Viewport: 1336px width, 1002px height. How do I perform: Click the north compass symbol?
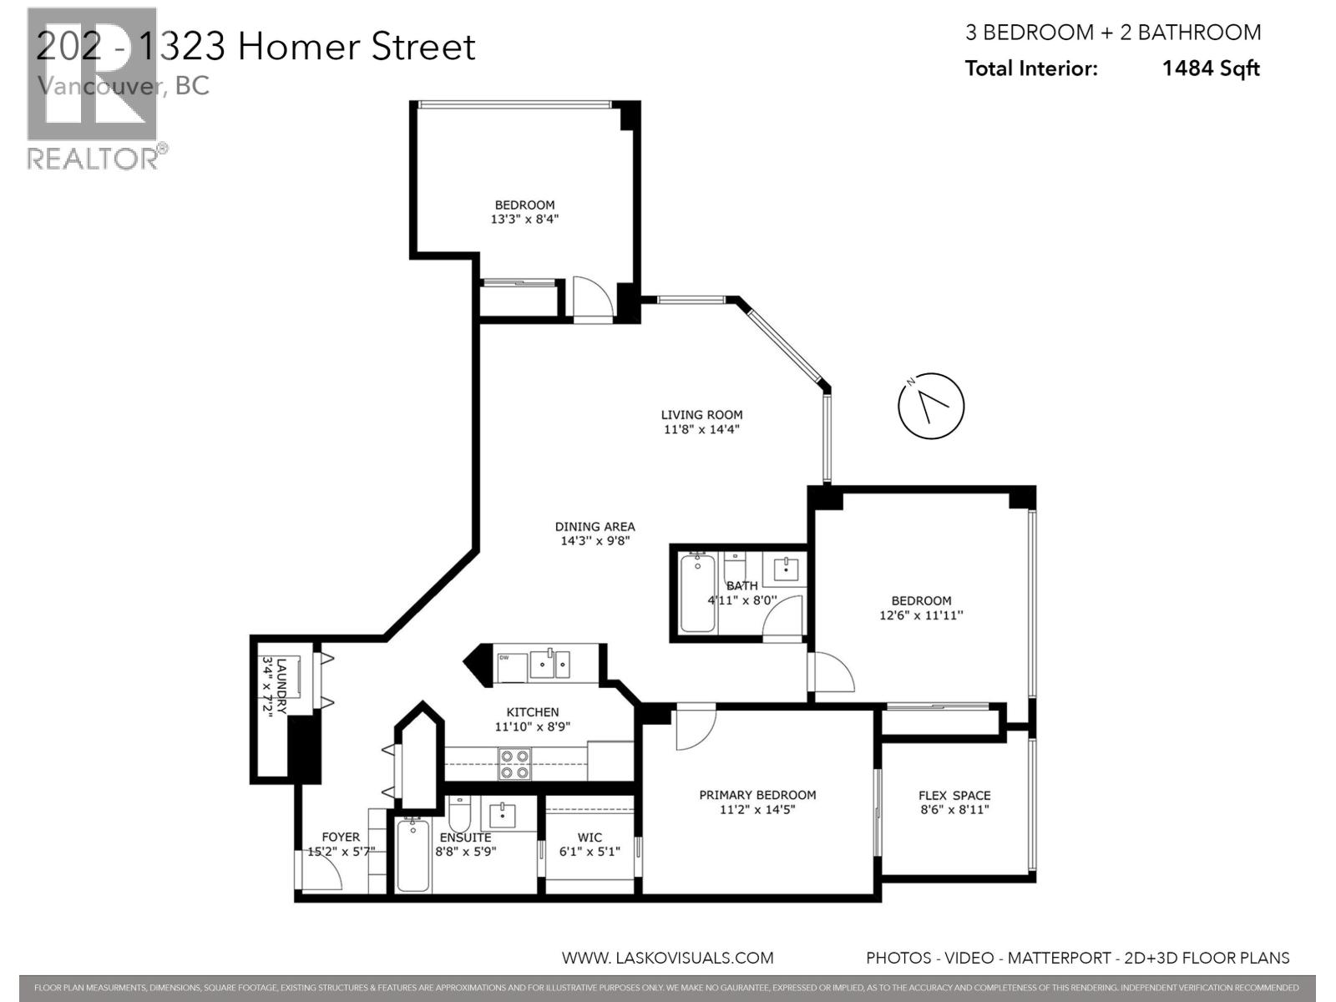coord(930,406)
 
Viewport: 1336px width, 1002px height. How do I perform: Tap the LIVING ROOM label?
coord(701,415)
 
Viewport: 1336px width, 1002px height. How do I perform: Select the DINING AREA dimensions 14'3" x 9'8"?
coord(595,541)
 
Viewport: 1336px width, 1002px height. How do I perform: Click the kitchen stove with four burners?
coord(514,764)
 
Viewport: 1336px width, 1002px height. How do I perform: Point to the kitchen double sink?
coord(549,665)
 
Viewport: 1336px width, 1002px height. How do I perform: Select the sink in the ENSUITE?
coord(503,814)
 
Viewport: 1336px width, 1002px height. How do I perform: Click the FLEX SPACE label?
coord(954,796)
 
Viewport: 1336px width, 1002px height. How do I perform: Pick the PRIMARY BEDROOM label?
coord(757,795)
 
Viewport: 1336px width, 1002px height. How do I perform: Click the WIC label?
coord(590,838)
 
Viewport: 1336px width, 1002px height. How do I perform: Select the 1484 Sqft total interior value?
coord(1210,68)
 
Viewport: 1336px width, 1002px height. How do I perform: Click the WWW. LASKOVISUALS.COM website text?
coord(667,958)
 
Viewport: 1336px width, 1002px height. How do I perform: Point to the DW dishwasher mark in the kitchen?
coord(504,658)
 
